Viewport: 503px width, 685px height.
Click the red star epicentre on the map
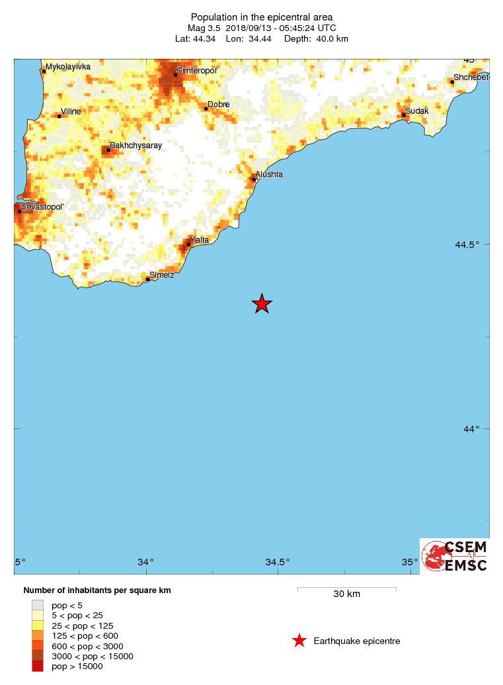(x=262, y=303)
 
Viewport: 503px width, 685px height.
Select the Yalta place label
(x=199, y=240)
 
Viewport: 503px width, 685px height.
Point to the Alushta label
(x=269, y=175)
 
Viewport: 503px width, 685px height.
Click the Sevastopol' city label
(x=42, y=207)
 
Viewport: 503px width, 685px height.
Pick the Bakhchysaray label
(x=135, y=145)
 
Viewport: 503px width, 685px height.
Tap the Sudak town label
(x=416, y=110)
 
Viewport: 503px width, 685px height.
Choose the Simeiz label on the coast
(x=162, y=274)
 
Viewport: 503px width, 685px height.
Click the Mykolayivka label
(x=67, y=67)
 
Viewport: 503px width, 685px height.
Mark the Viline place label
(x=71, y=112)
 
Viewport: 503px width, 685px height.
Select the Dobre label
(x=218, y=104)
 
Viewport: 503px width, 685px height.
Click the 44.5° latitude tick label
(x=467, y=245)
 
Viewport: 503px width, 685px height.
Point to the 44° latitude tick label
(x=471, y=429)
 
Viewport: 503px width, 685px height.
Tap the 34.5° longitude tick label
(x=278, y=563)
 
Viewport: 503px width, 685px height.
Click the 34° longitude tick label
(x=145, y=563)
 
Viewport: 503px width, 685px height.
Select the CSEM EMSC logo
(x=455, y=555)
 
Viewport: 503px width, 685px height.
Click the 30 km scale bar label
(x=346, y=594)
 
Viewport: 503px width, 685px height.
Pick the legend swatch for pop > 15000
(x=38, y=666)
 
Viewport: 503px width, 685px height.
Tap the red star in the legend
(x=299, y=641)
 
